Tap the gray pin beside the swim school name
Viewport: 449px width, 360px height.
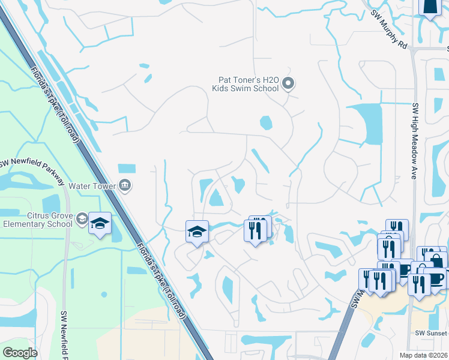click(x=288, y=83)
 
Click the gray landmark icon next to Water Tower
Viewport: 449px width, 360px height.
click(x=125, y=185)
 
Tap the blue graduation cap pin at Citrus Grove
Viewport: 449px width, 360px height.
click(x=100, y=224)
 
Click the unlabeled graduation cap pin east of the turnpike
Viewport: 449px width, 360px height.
click(x=196, y=232)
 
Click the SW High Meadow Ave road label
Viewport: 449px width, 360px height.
click(x=414, y=142)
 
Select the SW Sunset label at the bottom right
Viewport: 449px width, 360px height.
click(x=432, y=332)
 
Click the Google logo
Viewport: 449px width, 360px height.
click(x=19, y=352)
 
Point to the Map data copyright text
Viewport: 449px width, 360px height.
click(x=424, y=355)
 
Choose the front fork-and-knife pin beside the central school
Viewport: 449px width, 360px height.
click(x=255, y=230)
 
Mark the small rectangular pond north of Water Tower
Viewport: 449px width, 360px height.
click(x=127, y=169)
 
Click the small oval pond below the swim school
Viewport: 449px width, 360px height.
click(x=265, y=123)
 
